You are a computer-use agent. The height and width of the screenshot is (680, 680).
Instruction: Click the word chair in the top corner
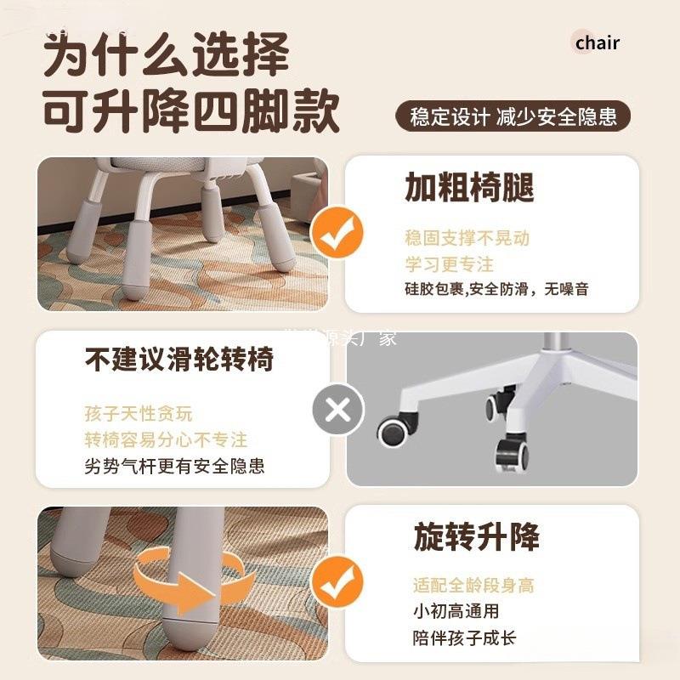click(597, 42)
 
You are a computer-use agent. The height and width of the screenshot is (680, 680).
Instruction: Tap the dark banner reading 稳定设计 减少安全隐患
click(513, 116)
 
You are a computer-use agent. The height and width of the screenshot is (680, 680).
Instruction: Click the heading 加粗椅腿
click(469, 188)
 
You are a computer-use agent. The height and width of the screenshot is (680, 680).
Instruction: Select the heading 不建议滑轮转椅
click(179, 360)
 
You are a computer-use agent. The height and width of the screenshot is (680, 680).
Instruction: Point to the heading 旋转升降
click(476, 537)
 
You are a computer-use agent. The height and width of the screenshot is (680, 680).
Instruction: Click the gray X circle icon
click(337, 411)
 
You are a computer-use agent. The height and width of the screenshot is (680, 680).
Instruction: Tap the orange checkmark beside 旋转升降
click(337, 587)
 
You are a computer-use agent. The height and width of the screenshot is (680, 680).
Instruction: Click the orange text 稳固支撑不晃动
click(467, 238)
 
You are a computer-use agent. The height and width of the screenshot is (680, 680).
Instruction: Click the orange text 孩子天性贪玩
click(139, 414)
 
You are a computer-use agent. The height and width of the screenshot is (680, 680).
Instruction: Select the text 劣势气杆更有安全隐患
click(174, 466)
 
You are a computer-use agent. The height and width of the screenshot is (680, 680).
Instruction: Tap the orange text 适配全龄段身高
click(473, 586)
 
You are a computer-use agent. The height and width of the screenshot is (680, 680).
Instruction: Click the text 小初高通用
click(456, 611)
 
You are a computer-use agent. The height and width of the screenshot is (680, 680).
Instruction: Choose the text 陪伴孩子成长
click(464, 637)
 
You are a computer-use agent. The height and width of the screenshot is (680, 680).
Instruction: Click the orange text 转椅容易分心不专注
click(166, 439)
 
